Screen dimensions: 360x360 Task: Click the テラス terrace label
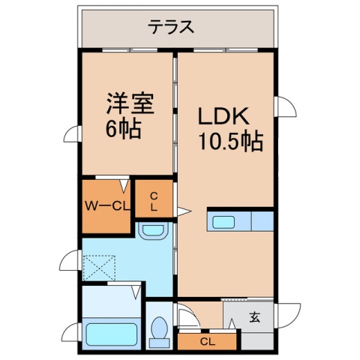[x=171, y=27]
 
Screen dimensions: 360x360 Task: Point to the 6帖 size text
[x=121, y=128]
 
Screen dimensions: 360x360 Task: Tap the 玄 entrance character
[x=255, y=316]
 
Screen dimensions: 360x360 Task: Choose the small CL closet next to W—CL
[x=154, y=200]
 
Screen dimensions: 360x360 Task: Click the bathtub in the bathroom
[x=111, y=332]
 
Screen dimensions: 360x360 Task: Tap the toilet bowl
[x=159, y=330]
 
